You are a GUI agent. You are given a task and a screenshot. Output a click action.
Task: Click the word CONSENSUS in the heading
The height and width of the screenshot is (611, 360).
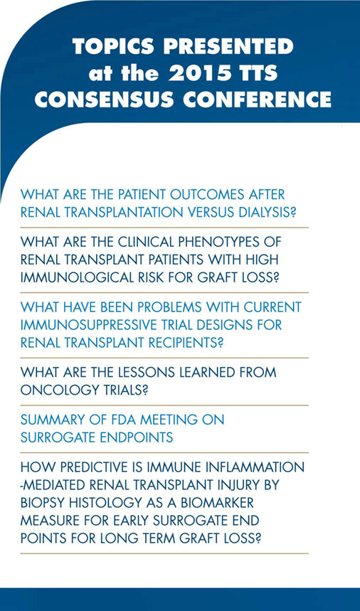104,100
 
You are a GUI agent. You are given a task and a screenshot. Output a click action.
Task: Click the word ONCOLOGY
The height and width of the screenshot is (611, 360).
53,390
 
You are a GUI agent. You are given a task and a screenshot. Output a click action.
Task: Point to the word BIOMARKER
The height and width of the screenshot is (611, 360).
216,503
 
